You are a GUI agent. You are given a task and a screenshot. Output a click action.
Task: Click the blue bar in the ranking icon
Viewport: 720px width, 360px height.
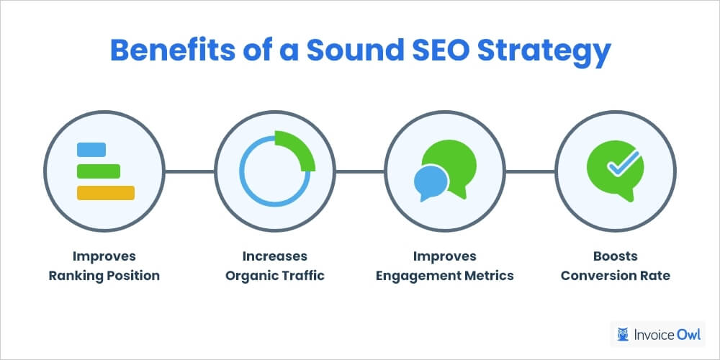pyautogui.click(x=91, y=150)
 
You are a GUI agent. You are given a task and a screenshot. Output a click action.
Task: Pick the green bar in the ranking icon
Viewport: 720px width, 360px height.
pyautogui.click(x=98, y=171)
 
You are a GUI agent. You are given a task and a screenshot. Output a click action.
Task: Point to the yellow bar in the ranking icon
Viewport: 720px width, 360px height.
pyautogui.click(x=105, y=192)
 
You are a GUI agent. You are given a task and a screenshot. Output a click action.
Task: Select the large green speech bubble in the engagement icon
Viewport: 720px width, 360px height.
pyautogui.click(x=450, y=164)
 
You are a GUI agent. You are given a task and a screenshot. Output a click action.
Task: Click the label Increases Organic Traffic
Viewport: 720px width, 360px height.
pyautogui.click(x=274, y=266)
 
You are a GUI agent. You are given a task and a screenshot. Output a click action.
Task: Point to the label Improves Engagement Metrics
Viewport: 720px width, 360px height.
pyautogui.click(x=445, y=266)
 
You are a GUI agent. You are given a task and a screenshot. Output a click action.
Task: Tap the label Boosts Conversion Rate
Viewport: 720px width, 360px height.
pyautogui.click(x=616, y=266)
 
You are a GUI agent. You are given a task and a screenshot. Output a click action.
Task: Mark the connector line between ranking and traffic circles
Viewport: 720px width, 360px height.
pyautogui.click(x=189, y=171)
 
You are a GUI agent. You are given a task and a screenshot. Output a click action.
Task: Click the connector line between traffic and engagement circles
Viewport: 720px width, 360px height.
pyautogui.click(x=360, y=171)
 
